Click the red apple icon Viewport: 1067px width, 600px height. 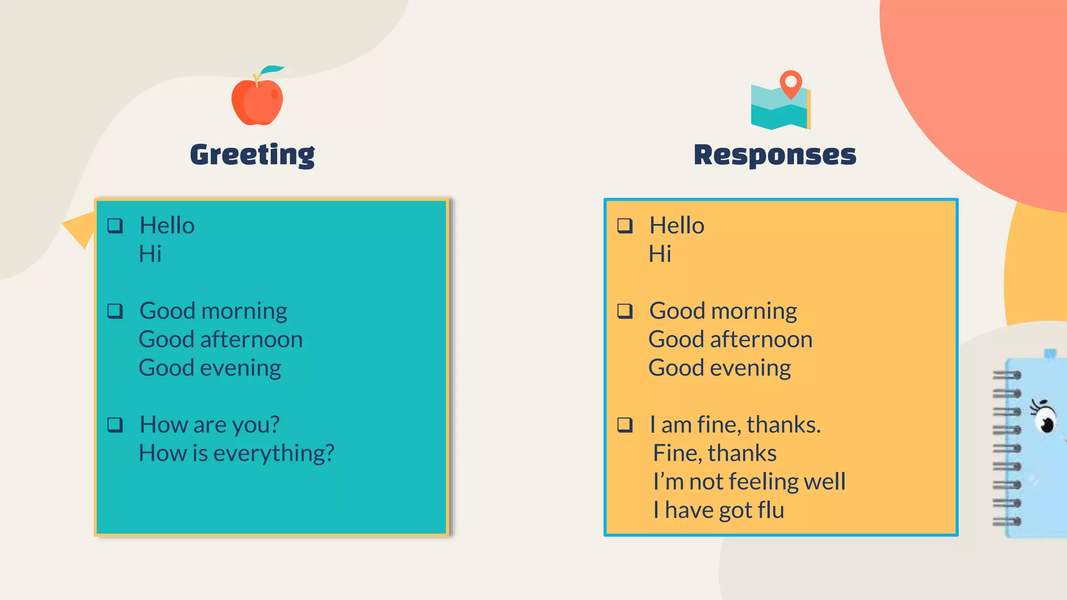click(x=257, y=102)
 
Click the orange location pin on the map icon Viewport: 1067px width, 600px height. click(x=790, y=83)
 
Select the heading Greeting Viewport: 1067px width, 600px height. click(x=253, y=155)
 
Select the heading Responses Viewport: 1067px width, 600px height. click(x=775, y=155)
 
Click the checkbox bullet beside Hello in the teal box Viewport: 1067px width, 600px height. click(x=115, y=226)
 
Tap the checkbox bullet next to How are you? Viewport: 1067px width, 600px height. click(x=115, y=425)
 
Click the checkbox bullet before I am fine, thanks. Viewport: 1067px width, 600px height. click(x=625, y=425)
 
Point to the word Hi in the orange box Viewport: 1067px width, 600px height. click(x=660, y=254)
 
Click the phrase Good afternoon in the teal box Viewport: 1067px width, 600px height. click(x=220, y=340)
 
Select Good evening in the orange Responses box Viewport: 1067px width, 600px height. click(x=719, y=368)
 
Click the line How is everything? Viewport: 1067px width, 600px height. click(x=236, y=453)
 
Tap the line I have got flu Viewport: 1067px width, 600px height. click(x=718, y=510)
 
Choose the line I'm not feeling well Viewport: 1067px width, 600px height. click(x=749, y=481)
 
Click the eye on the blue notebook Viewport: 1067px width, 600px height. click(x=1045, y=419)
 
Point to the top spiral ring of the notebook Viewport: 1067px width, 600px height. click(x=1007, y=374)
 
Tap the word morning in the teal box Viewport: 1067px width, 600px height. click(x=244, y=311)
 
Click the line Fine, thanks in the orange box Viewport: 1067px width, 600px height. click(x=714, y=453)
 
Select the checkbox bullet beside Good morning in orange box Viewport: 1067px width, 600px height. click(x=625, y=311)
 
